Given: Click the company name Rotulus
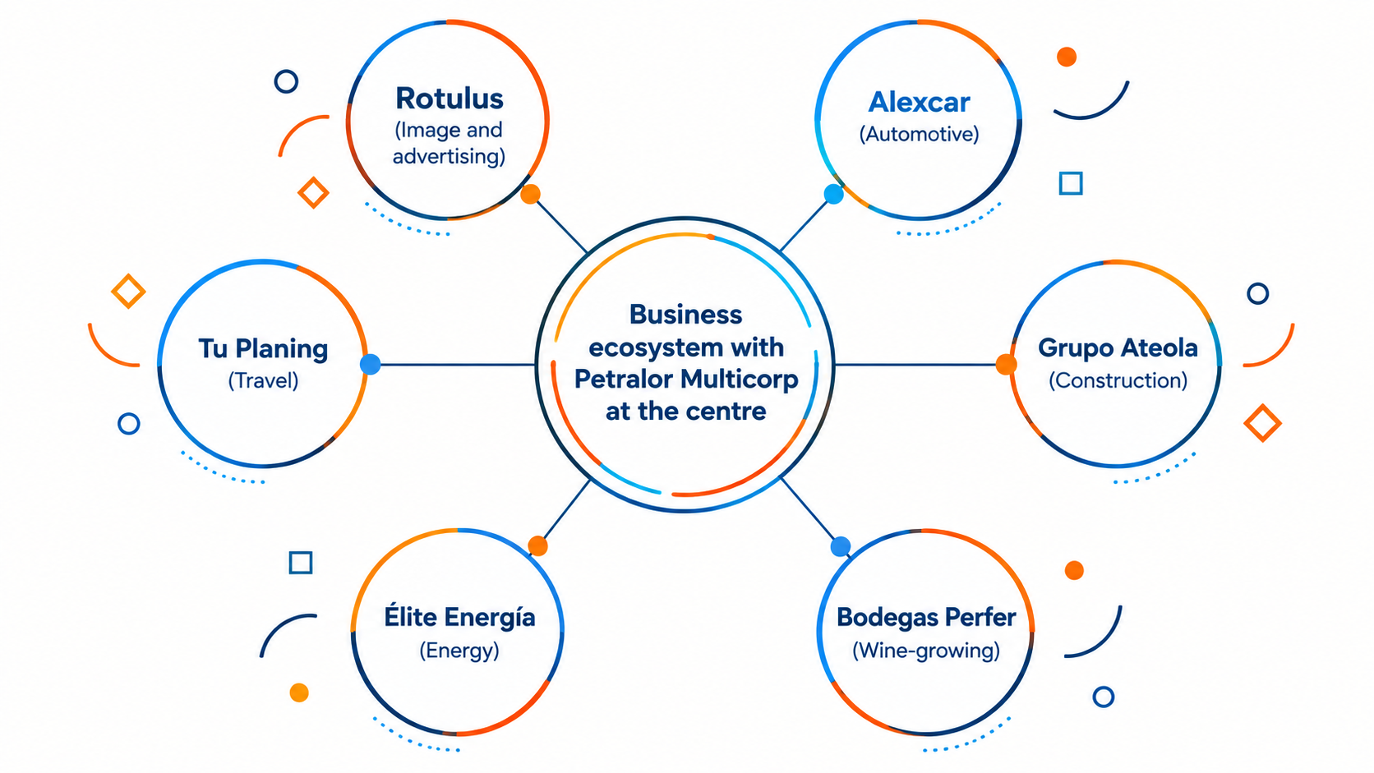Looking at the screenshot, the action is pyautogui.click(x=449, y=99).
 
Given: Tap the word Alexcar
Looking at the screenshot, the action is pyautogui.click(x=919, y=102).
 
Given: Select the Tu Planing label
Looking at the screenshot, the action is pyautogui.click(x=263, y=349).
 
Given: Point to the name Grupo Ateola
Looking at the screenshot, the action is pyautogui.click(x=1118, y=347).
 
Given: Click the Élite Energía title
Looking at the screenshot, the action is pyautogui.click(x=459, y=616).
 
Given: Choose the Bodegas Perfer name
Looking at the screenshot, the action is pyautogui.click(x=926, y=617).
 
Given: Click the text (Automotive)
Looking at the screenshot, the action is pyautogui.click(x=919, y=134).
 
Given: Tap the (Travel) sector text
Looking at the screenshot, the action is pyautogui.click(x=263, y=380).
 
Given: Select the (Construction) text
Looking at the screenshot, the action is pyautogui.click(x=1118, y=380).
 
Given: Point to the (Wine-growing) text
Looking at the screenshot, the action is pyautogui.click(x=926, y=650).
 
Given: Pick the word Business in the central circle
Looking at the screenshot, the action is pyautogui.click(x=686, y=315).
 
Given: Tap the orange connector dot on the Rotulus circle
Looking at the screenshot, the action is pyautogui.click(x=531, y=195).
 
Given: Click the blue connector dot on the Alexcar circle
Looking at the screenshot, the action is pyautogui.click(x=833, y=195).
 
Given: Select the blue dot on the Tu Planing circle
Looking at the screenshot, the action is pyautogui.click(x=370, y=364).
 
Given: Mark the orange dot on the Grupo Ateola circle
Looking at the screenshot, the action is pyautogui.click(x=1006, y=364).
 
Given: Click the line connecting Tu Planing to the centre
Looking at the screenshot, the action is pyautogui.click(x=458, y=365).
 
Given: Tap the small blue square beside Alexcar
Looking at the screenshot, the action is pyautogui.click(x=1071, y=183).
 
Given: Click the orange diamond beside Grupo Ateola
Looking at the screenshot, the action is pyautogui.click(x=1262, y=423).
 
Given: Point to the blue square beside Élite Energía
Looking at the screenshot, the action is pyautogui.click(x=301, y=562).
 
